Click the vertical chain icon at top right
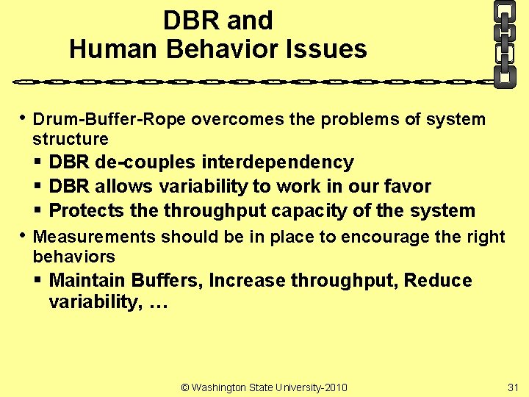(504, 43)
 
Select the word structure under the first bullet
(71, 139)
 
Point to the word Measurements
(95, 237)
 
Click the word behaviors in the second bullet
(73, 257)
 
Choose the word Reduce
(438, 280)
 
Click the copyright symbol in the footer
(185, 387)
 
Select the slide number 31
(513, 387)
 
